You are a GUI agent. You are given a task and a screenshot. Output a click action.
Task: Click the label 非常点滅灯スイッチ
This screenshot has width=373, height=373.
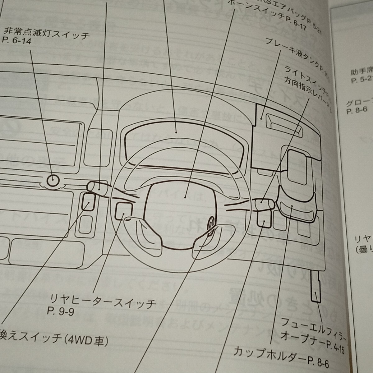(x=47, y=32)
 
